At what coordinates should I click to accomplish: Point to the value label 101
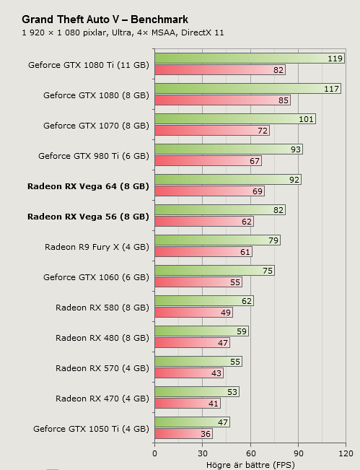click(307, 119)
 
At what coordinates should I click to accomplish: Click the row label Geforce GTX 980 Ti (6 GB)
click(93, 155)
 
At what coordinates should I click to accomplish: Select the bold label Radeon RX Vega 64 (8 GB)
click(88, 186)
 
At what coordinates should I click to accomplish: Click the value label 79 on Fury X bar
click(273, 240)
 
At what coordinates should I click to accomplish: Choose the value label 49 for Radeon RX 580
click(225, 313)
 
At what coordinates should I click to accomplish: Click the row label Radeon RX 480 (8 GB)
click(102, 337)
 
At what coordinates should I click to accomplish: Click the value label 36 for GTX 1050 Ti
click(205, 434)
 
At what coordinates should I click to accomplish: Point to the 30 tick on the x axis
click(202, 453)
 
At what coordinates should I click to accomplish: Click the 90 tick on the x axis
click(298, 453)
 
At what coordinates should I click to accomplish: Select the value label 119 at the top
click(335, 58)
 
